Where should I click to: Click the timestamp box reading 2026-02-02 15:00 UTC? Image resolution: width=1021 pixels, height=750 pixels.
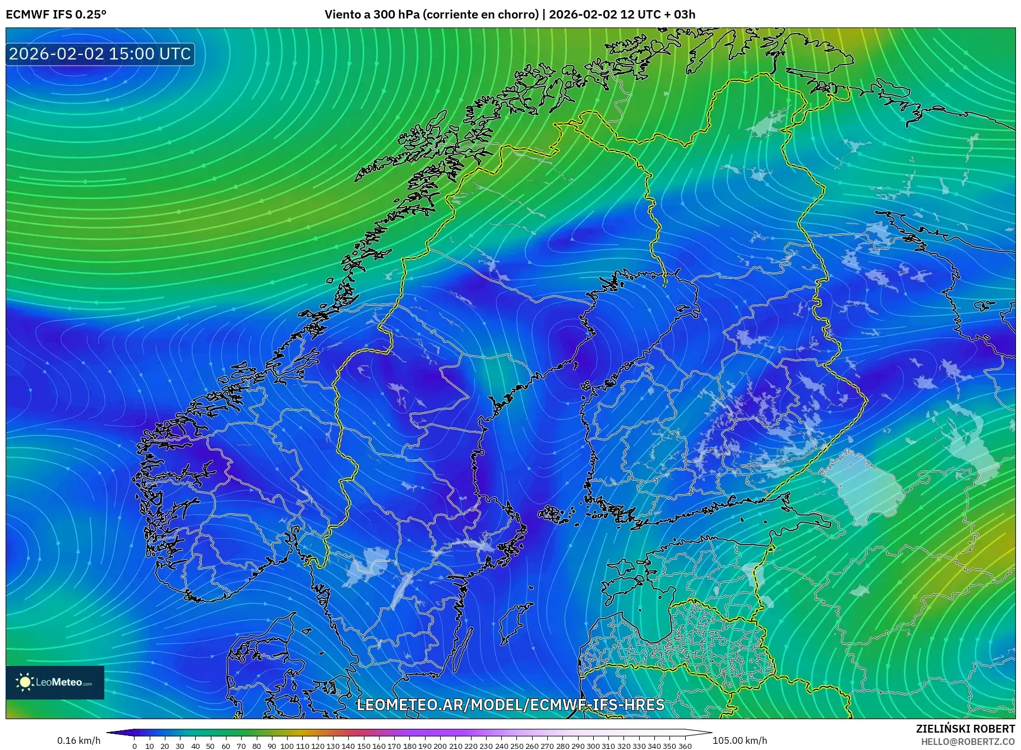pos(100,54)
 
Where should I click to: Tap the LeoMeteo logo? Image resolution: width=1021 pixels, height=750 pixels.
pos(55,682)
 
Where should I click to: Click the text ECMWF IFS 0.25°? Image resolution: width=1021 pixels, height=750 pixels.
pos(56,15)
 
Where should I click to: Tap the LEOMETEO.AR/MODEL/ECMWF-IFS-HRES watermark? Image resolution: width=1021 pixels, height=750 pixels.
pos(510,705)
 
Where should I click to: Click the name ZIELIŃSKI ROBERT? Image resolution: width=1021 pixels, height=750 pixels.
pos(965,729)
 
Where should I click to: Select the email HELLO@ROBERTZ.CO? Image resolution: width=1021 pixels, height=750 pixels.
pos(967,742)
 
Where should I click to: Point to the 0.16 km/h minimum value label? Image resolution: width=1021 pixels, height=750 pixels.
pos(79,740)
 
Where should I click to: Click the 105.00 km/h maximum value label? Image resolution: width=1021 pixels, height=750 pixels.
pos(740,740)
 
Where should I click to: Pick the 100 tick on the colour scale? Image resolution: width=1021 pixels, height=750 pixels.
pos(287,746)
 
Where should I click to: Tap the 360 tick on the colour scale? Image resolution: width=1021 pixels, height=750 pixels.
pos(685,746)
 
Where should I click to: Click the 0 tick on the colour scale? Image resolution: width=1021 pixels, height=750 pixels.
pos(135,746)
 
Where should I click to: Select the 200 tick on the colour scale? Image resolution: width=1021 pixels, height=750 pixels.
pos(440,746)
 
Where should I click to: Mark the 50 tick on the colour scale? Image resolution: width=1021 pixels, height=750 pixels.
pos(210,746)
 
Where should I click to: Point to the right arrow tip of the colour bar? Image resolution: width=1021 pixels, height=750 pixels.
pos(710,732)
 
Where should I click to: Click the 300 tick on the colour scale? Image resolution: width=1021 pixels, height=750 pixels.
pos(593,746)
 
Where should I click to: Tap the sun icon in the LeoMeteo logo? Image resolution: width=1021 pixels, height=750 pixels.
pos(25,682)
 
